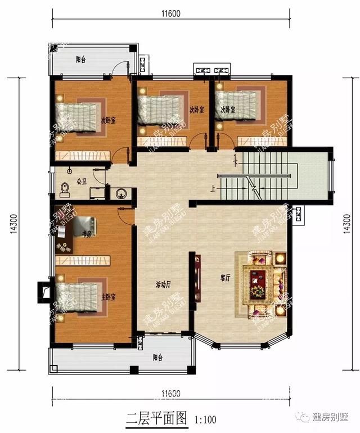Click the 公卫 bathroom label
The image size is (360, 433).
[80, 181]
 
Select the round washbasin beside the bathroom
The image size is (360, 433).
[120, 195]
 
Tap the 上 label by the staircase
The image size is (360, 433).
[213, 189]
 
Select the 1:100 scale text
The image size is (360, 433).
[206, 420]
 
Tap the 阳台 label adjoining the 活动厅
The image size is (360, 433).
[158, 357]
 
